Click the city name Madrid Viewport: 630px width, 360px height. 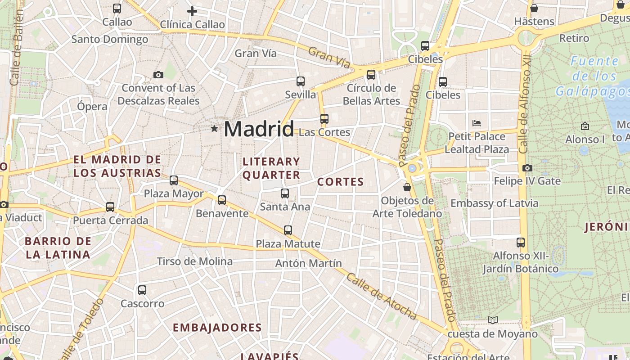259,129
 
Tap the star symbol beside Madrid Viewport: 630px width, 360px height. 214,129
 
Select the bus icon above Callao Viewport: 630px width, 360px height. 117,8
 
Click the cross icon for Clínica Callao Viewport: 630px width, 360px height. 192,11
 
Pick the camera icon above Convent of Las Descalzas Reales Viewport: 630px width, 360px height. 158,75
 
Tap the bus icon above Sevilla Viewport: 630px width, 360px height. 301,81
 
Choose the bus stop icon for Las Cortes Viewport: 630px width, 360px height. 324,119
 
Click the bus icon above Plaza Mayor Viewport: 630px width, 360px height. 174,180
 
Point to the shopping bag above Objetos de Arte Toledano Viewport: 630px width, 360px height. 407,187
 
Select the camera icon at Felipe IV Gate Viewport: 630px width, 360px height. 527,168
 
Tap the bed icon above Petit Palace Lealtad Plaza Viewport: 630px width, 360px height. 477,123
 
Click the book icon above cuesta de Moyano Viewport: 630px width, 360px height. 493,320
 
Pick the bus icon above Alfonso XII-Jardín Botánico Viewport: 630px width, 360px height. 521,243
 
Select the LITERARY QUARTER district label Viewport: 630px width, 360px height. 271,168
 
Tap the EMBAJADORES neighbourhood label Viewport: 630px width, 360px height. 217,328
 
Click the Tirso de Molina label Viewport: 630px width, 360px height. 195,261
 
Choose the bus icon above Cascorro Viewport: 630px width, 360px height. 142,290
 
